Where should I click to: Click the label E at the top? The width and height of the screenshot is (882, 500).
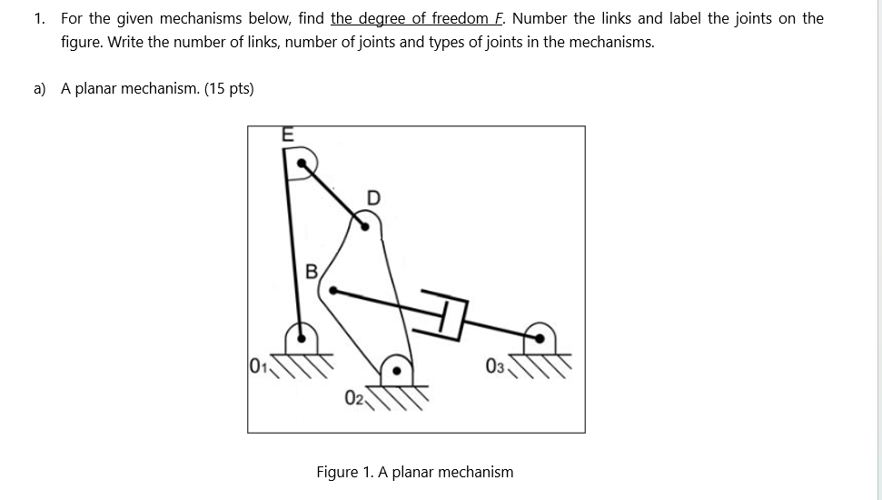(288, 134)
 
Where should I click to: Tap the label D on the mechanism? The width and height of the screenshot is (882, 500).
(374, 196)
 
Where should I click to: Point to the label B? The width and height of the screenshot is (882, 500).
(311, 271)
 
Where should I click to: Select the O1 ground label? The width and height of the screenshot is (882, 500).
(259, 367)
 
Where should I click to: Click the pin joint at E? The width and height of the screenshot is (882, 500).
(302, 165)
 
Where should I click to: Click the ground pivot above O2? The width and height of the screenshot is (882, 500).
(396, 369)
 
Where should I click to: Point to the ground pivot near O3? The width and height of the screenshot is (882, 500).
(541, 338)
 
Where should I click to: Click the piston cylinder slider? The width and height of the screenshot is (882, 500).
(446, 315)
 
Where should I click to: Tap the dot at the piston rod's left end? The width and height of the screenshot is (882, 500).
(333, 292)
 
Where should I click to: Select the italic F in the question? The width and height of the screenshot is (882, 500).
(502, 18)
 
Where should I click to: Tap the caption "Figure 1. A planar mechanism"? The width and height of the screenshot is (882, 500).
(414, 472)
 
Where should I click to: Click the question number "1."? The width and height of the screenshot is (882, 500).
(41, 18)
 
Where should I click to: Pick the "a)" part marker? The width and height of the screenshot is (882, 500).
(41, 88)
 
